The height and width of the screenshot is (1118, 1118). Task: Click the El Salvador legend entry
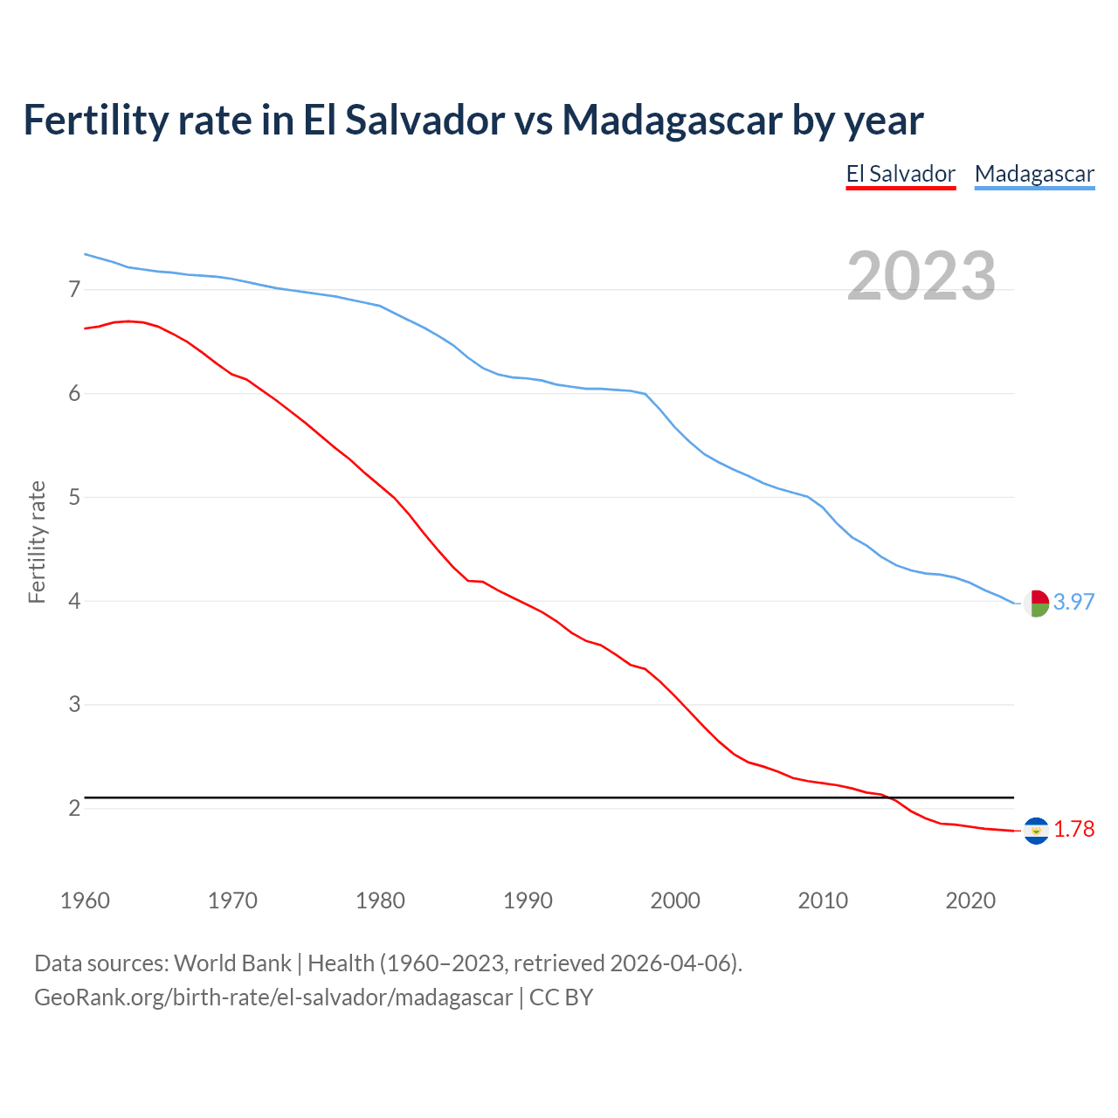click(901, 174)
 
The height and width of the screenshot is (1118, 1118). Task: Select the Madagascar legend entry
click(1034, 174)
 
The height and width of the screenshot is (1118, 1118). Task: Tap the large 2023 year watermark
click(921, 276)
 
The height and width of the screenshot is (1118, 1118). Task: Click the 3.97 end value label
click(1073, 602)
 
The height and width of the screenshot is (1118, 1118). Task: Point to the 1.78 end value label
click(1073, 829)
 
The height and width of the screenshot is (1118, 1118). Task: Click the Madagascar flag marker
click(1036, 603)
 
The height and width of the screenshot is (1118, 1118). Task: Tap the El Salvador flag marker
click(1036, 830)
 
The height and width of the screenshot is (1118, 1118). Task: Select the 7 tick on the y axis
click(74, 289)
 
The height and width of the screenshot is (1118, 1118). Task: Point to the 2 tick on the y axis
click(74, 808)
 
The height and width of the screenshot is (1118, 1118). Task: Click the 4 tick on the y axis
click(74, 601)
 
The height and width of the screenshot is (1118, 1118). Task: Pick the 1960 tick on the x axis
click(85, 901)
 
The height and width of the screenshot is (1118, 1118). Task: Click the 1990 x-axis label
click(528, 901)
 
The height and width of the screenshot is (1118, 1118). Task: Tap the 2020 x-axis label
click(970, 901)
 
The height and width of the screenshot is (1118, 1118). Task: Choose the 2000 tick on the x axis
click(675, 901)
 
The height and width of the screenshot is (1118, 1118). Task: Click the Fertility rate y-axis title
click(37, 542)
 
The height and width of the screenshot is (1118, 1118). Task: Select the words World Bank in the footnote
click(232, 963)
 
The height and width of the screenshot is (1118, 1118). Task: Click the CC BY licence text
click(561, 997)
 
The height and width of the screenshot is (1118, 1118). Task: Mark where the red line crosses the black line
click(890, 797)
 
